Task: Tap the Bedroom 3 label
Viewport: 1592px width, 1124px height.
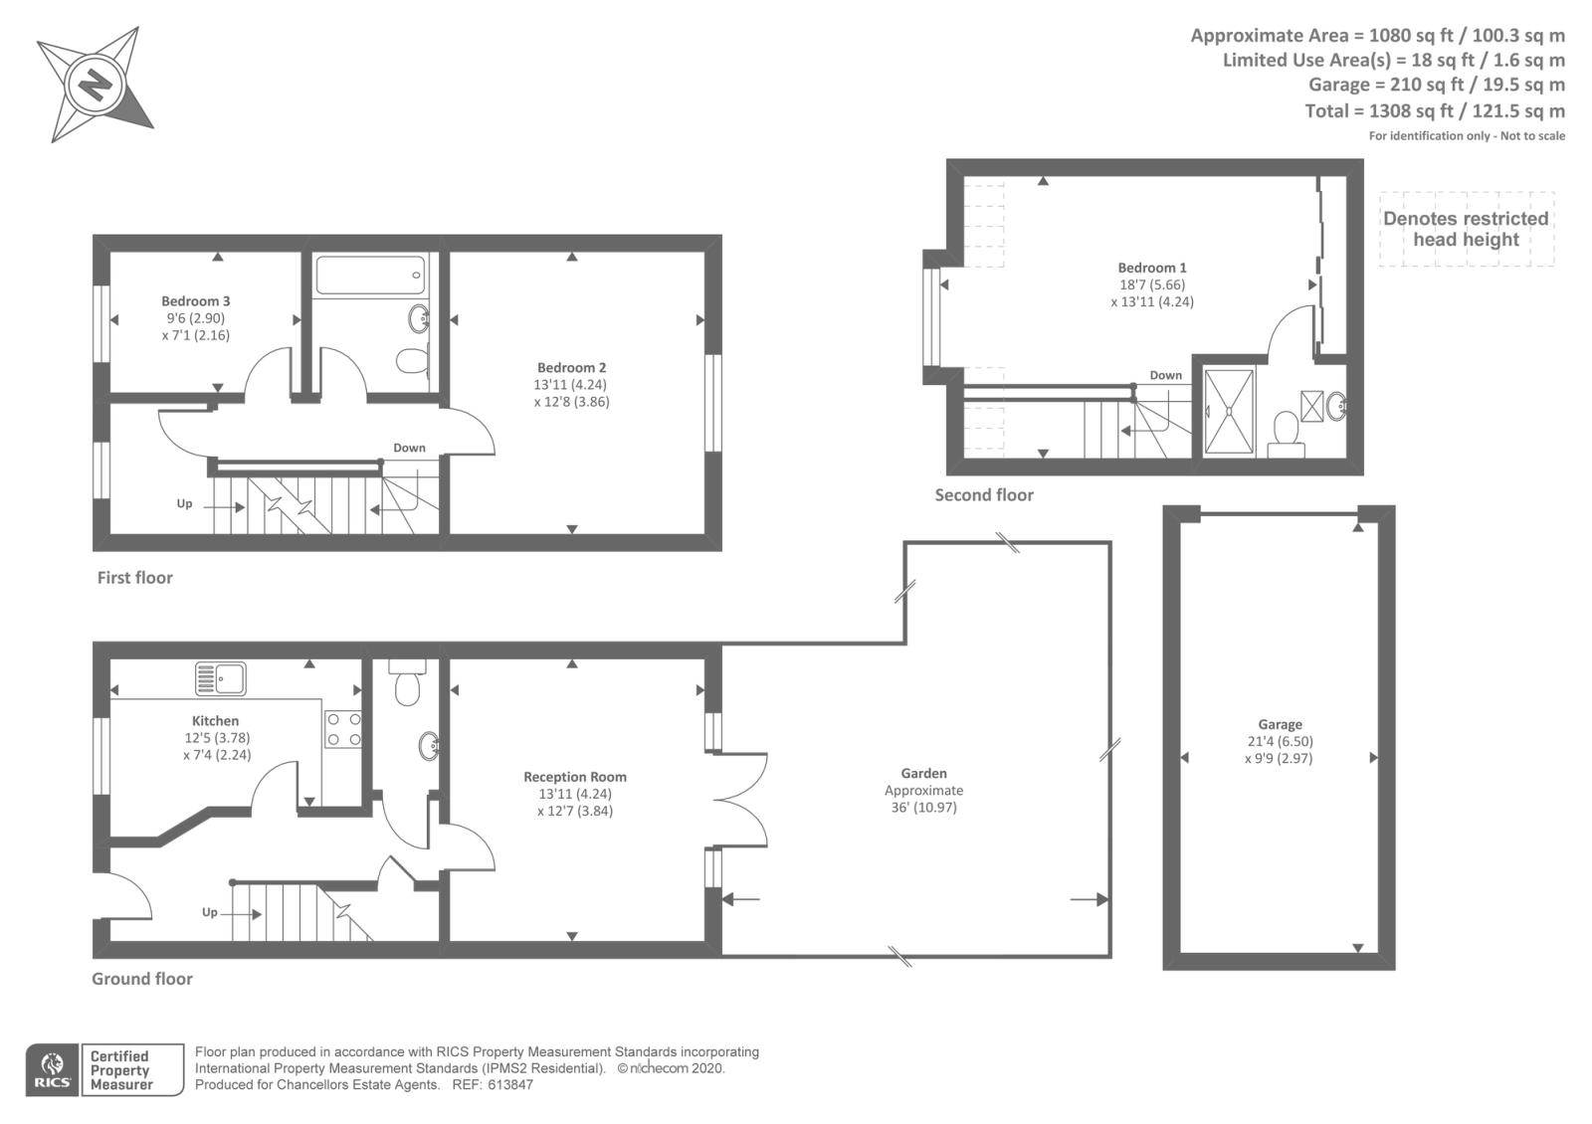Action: pyautogui.click(x=195, y=301)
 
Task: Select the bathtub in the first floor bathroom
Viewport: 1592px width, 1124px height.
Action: pyautogui.click(x=369, y=276)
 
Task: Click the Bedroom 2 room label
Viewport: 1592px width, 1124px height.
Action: pyautogui.click(x=571, y=368)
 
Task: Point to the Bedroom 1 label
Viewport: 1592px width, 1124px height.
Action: pyautogui.click(x=1152, y=268)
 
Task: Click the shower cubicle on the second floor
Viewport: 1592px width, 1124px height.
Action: pyautogui.click(x=1229, y=412)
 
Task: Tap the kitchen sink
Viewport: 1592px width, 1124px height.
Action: pyautogui.click(x=221, y=678)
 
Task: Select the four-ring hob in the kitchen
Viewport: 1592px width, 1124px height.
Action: pyautogui.click(x=343, y=730)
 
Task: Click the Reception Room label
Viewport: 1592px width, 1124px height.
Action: pyautogui.click(x=575, y=777)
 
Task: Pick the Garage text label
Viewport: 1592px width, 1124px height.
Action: pyautogui.click(x=1280, y=725)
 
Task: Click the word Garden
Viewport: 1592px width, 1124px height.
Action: pyautogui.click(x=924, y=773)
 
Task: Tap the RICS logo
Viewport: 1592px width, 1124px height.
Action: pyautogui.click(x=53, y=1070)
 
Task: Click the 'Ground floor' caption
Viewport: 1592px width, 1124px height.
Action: pyautogui.click(x=142, y=979)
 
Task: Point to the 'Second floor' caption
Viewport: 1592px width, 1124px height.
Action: pyautogui.click(x=984, y=495)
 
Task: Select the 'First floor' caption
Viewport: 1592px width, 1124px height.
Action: pyautogui.click(x=135, y=578)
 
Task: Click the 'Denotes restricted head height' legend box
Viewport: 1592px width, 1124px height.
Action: pyautogui.click(x=1467, y=229)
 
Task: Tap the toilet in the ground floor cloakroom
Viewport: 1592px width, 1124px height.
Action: pyautogui.click(x=407, y=682)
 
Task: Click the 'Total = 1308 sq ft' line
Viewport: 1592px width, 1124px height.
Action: pyautogui.click(x=1435, y=110)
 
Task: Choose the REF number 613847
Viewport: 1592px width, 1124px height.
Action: pyautogui.click(x=510, y=1085)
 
